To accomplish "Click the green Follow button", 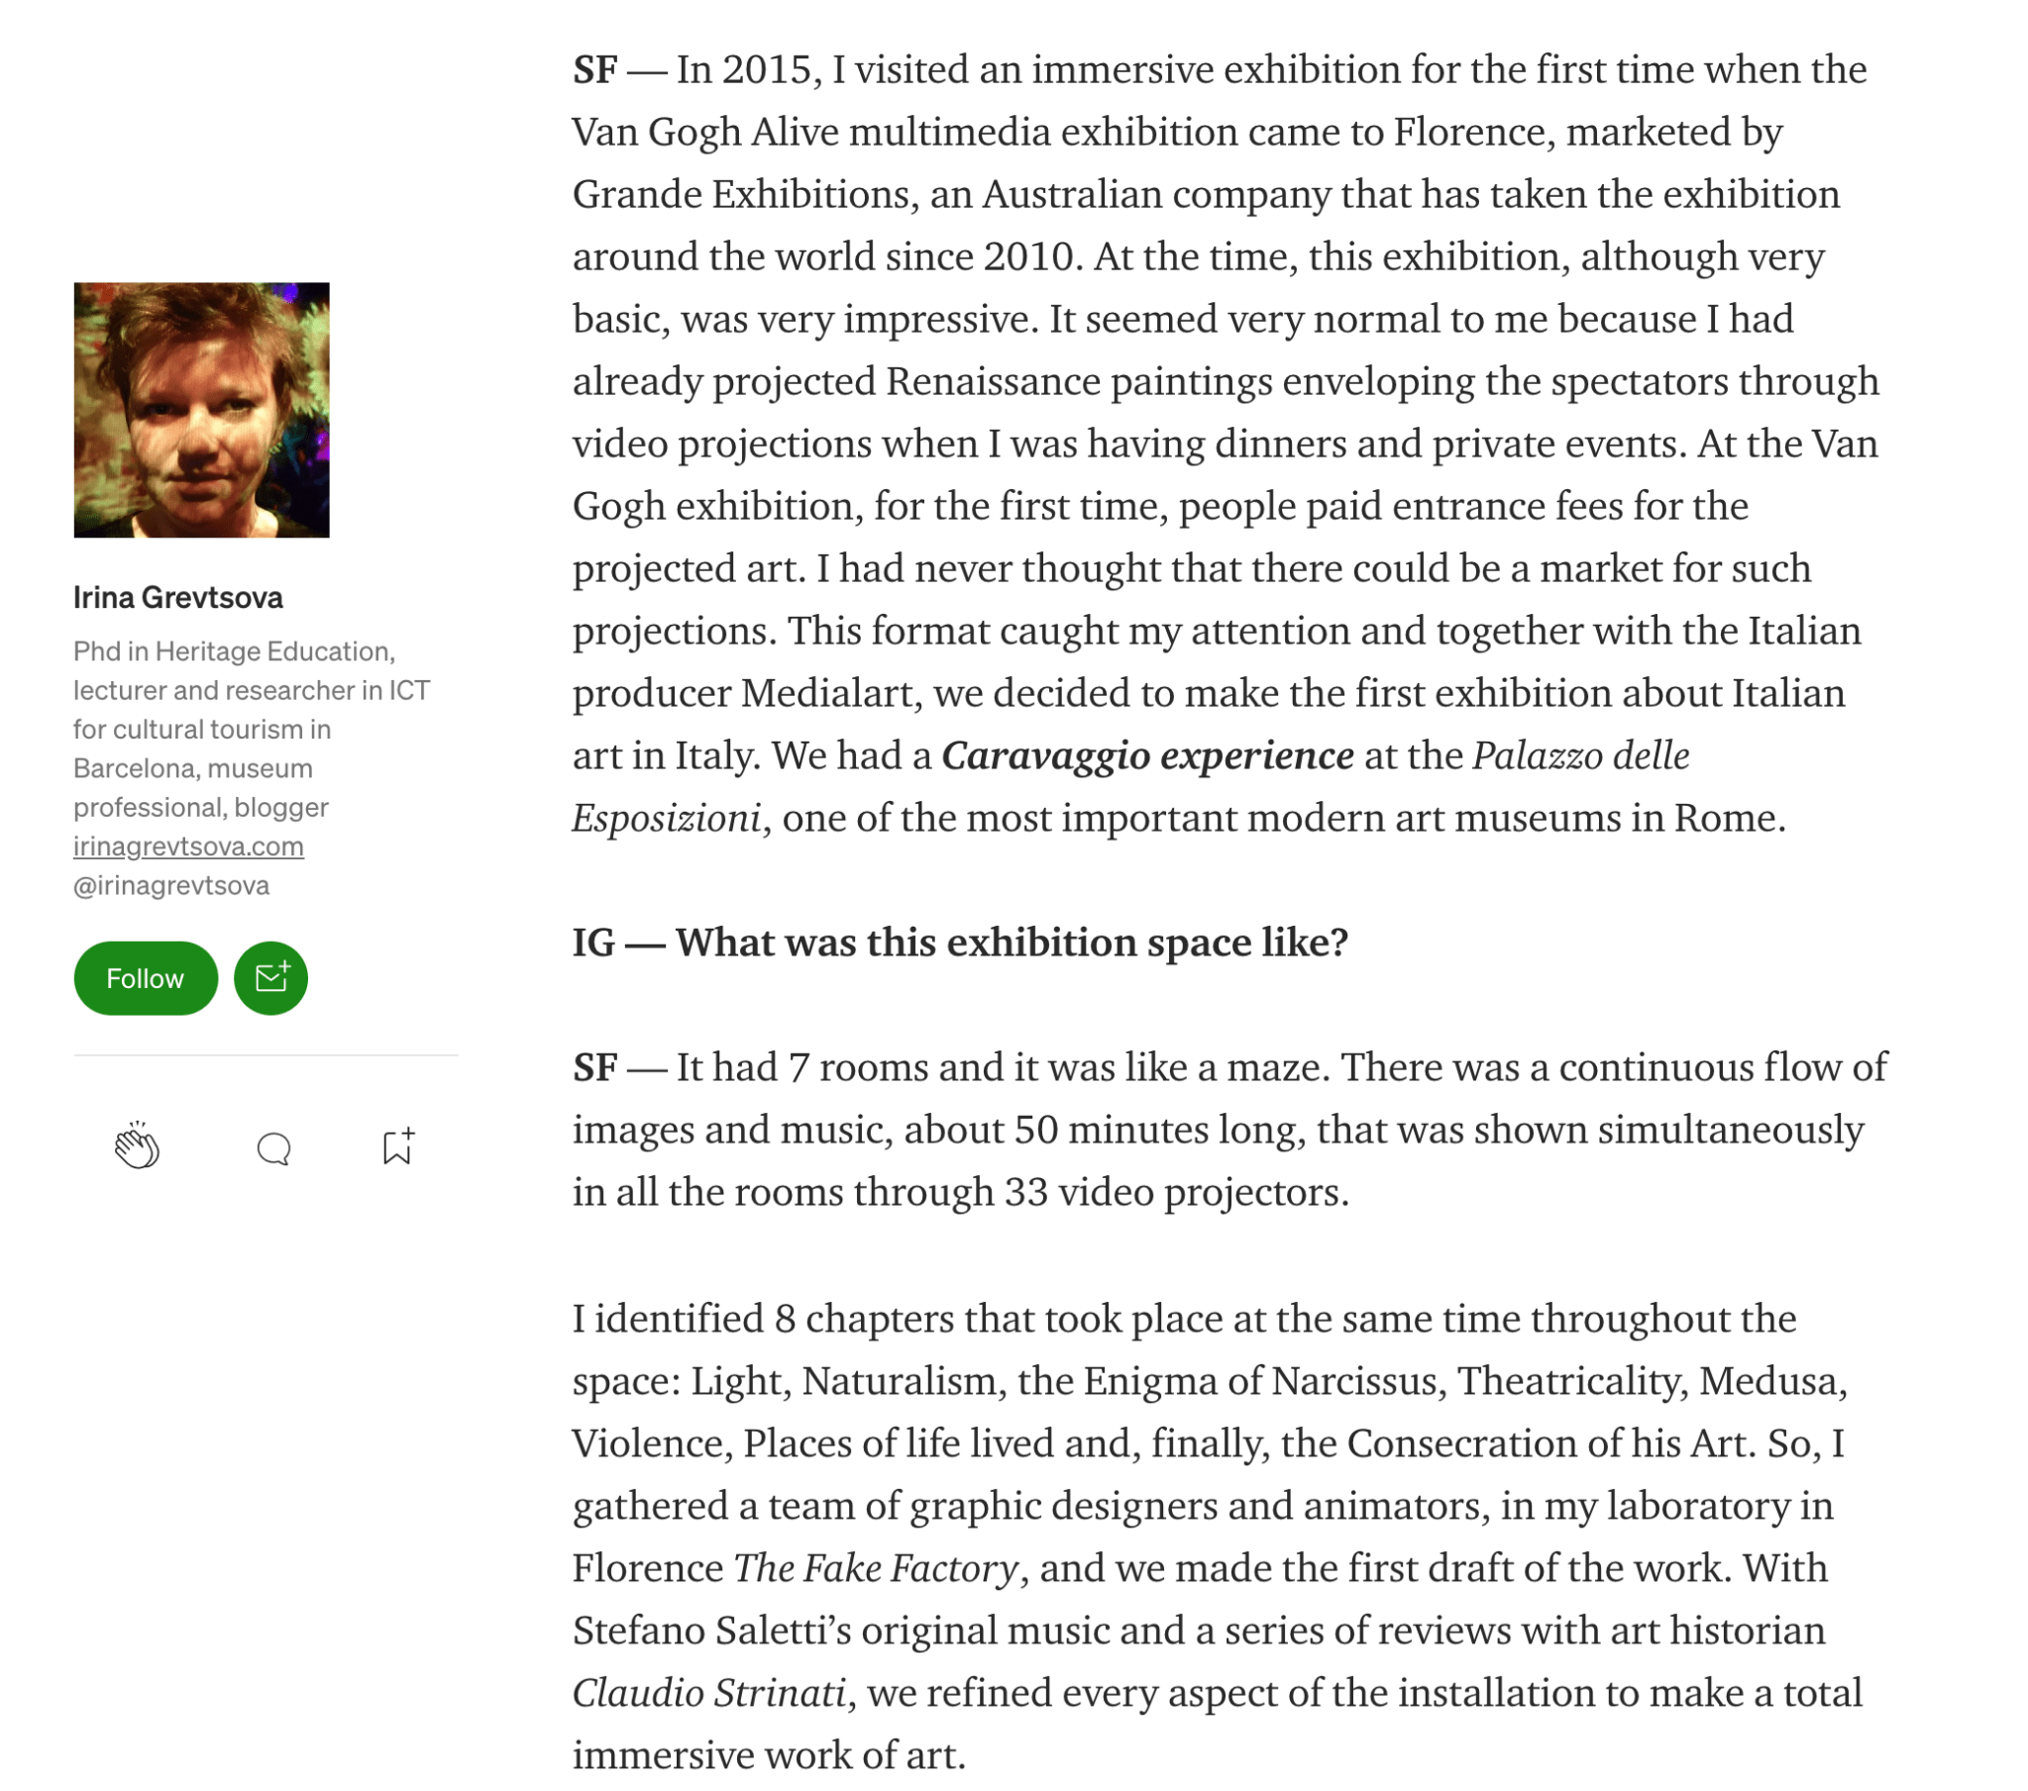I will point(145,978).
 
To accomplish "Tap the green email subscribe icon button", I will point(270,978).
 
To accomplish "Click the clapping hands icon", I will point(137,1146).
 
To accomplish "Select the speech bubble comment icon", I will point(273,1148).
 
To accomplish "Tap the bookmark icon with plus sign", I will point(398,1146).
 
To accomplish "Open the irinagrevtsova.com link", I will point(188,846).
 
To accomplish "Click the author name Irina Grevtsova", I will point(178,597).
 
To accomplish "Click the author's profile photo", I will point(201,410).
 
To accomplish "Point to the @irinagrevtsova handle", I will point(171,884).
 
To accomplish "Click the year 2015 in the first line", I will point(767,69).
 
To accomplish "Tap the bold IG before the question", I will point(594,943).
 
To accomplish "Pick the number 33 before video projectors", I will point(1026,1192).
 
